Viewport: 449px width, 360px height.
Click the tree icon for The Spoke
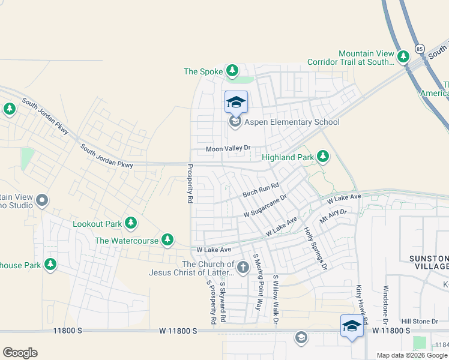click(x=232, y=71)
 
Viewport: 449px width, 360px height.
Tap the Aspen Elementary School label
click(x=288, y=122)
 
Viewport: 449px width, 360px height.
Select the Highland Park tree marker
click(x=323, y=157)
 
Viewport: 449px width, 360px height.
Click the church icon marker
click(x=243, y=267)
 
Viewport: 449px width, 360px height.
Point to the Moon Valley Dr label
click(x=228, y=149)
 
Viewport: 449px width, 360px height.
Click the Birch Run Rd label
click(x=261, y=191)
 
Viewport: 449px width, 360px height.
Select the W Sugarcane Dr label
click(x=266, y=205)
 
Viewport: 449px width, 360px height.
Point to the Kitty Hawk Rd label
click(x=361, y=305)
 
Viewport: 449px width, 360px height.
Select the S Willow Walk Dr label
click(x=276, y=300)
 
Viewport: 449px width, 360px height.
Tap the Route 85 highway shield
click(x=420, y=48)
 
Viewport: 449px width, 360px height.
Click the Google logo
click(x=20, y=353)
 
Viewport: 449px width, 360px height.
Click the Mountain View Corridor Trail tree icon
click(x=403, y=58)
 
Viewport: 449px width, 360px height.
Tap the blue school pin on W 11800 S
click(x=352, y=326)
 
